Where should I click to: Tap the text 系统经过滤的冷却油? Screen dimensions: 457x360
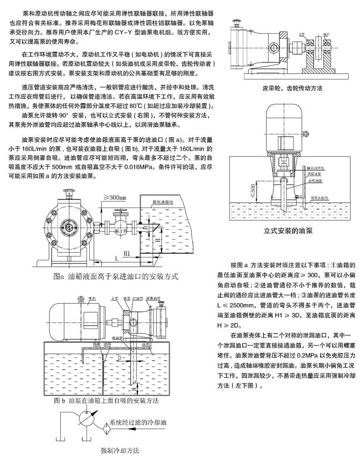point(142,423)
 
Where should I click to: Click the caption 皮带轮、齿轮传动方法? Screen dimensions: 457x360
point(292,88)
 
